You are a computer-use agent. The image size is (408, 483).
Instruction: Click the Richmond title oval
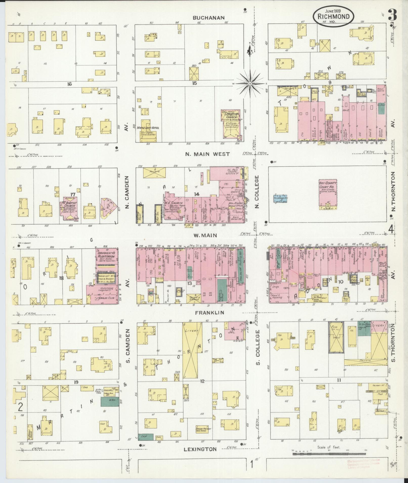click(333, 17)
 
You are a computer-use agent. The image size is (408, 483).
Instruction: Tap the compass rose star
click(250, 83)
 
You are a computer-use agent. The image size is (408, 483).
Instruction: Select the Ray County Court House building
click(328, 195)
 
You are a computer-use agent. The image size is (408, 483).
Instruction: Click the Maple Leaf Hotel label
click(148, 128)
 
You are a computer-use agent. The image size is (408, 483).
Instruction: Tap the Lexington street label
click(200, 449)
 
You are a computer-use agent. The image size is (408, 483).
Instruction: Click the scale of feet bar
click(329, 454)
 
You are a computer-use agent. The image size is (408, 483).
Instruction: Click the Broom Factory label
click(204, 429)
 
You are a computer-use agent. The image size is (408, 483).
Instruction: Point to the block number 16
click(70, 84)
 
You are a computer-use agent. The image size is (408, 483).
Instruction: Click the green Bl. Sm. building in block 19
click(110, 402)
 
